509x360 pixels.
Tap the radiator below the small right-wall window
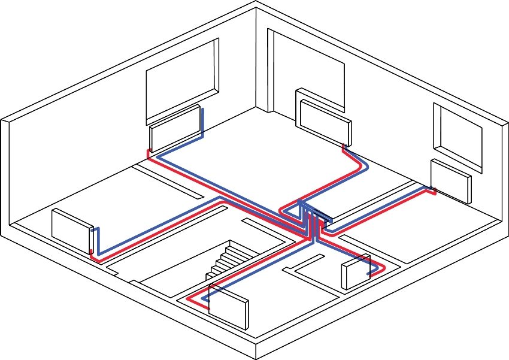click(450, 180)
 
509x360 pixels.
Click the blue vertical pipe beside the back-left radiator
click(202, 123)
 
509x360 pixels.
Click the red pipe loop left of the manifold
click(284, 211)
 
